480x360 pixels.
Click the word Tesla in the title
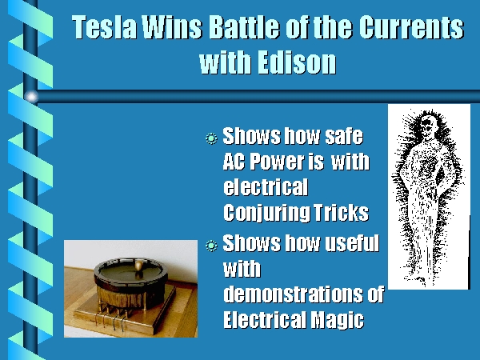(104, 27)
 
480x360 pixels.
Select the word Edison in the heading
(297, 62)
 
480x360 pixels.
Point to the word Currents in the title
(411, 27)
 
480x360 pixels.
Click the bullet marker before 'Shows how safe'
(211, 138)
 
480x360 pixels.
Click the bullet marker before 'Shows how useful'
(211, 246)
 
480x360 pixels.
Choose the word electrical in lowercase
(266, 186)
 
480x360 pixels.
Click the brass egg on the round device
(138, 265)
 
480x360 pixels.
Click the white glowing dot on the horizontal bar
(31, 97)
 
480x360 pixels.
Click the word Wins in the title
(173, 27)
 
